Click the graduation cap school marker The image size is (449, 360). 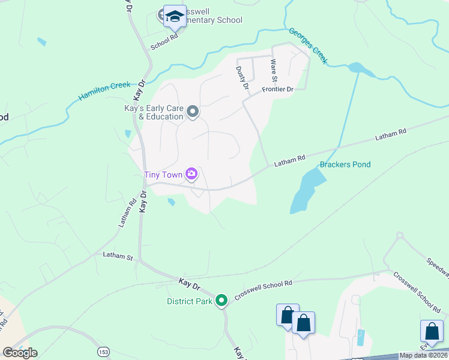(175, 16)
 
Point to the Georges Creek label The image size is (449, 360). (308, 46)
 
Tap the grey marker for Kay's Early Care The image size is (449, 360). (193, 112)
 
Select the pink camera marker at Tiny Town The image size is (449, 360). (191, 175)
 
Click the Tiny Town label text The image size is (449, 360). (163, 175)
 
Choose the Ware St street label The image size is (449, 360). (274, 70)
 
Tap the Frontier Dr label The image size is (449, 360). (277, 89)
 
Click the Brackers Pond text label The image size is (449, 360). (345, 164)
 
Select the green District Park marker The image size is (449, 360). (221, 300)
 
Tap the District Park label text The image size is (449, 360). (188, 301)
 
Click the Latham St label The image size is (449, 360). (117, 257)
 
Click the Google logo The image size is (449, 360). (20, 352)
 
